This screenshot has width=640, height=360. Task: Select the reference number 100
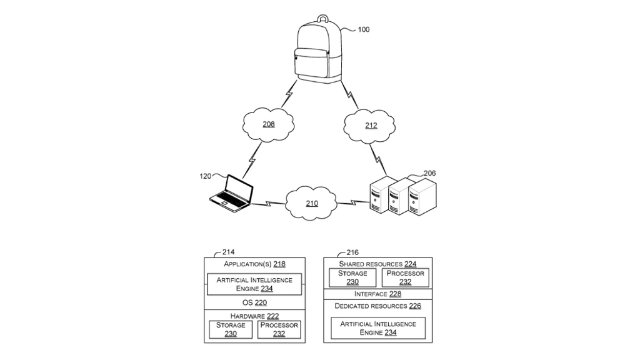pos(363,29)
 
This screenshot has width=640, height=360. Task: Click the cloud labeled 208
pos(268,124)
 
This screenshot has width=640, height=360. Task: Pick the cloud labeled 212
pos(371,125)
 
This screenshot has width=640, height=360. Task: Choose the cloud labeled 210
pos(311,203)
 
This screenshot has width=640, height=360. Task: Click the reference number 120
pos(205,176)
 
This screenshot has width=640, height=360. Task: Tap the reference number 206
pos(429,173)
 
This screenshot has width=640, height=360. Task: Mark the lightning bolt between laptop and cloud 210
pos(268,203)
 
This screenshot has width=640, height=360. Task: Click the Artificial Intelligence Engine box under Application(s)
pos(254,284)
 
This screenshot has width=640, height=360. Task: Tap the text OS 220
pos(254,302)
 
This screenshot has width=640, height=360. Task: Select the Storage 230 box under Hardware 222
pos(231,329)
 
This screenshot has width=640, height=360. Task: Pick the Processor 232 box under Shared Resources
pos(405,277)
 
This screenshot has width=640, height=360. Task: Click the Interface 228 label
pos(377,294)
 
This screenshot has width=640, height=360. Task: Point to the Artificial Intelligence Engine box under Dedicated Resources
pos(378,328)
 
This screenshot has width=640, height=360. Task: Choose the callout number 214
pos(229,252)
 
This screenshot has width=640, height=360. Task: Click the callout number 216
pos(352,252)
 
